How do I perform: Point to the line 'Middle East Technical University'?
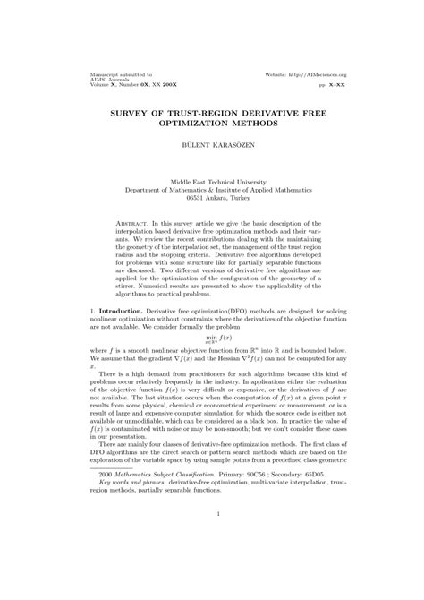pyautogui.click(x=212, y=181)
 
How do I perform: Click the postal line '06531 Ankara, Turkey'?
pyautogui.click(x=212, y=197)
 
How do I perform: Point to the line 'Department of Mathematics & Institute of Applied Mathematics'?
pyautogui.click(x=212, y=189)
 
